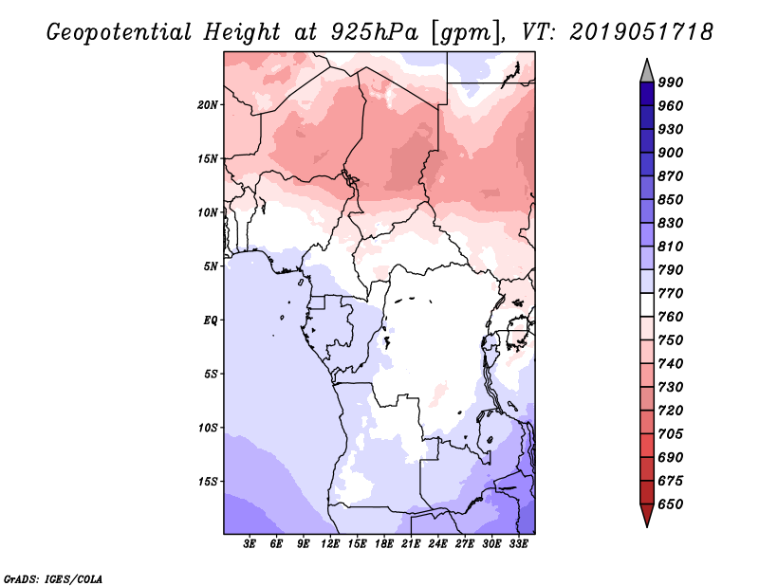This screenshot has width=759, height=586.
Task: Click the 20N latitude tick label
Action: tap(208, 104)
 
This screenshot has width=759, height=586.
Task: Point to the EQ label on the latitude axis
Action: tap(210, 320)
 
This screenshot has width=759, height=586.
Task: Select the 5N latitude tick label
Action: tap(211, 266)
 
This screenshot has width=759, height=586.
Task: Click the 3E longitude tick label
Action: tap(250, 543)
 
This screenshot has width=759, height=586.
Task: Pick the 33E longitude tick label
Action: tap(518, 543)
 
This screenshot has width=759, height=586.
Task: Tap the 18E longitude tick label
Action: tap(384, 543)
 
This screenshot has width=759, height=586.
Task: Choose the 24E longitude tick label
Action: tap(437, 543)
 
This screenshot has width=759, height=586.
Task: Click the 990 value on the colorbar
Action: tap(671, 82)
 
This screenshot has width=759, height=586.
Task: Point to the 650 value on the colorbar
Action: tap(671, 504)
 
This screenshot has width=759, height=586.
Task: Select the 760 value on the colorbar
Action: tap(671, 317)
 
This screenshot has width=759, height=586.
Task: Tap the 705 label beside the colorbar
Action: tap(671, 433)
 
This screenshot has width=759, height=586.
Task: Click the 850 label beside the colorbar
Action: tap(671, 199)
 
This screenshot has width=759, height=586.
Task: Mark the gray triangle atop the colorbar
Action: tap(647, 71)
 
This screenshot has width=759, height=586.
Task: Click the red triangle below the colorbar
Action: tap(647, 515)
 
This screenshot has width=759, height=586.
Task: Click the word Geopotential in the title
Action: tap(120, 32)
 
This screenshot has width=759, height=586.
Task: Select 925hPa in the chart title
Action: tap(375, 32)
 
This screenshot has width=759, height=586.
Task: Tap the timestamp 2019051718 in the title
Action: tap(641, 32)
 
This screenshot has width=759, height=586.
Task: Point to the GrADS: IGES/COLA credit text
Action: tap(53, 579)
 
